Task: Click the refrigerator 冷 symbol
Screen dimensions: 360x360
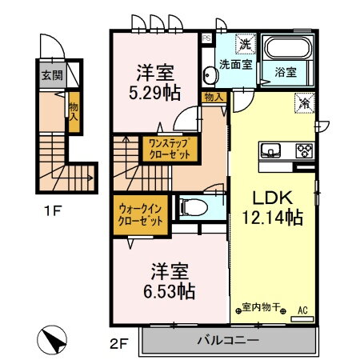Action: (303, 102)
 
